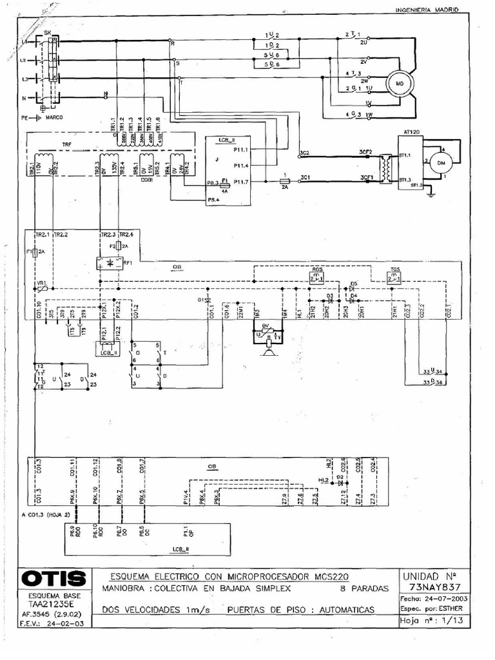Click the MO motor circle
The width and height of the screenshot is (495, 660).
(x=399, y=84)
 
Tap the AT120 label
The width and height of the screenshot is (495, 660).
(x=411, y=131)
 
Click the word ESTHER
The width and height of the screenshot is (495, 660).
(x=458, y=609)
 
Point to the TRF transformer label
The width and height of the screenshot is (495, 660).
(x=66, y=144)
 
